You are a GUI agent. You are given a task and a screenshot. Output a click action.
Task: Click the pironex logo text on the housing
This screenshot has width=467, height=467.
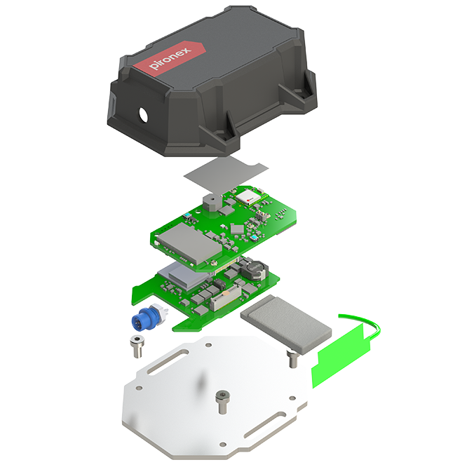(170, 58)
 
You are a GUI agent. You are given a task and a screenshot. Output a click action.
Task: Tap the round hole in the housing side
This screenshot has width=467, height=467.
(143, 115)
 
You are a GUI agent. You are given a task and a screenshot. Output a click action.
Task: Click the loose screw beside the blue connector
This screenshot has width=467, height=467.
(137, 346)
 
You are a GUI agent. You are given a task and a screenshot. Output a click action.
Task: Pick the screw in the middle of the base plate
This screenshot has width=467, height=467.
(222, 402)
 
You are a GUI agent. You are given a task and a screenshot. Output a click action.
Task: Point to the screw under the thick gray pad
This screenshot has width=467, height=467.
(293, 358)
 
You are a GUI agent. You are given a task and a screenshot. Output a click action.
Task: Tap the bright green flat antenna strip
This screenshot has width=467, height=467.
(341, 356)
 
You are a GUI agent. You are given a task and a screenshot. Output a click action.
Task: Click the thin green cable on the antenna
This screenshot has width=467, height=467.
(368, 322)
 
